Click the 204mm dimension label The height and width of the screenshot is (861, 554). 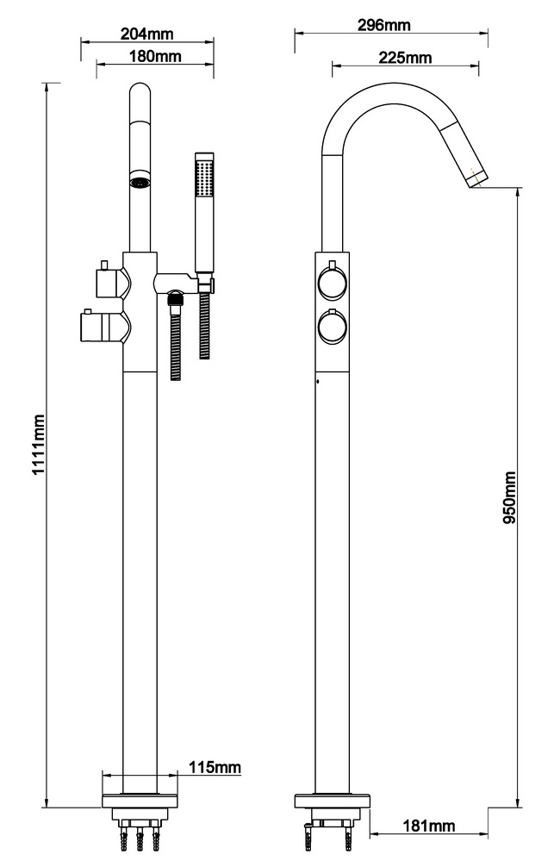(146, 34)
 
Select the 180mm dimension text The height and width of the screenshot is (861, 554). (155, 57)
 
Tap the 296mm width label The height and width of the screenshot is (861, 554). (383, 25)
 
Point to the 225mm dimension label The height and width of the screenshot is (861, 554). (405, 58)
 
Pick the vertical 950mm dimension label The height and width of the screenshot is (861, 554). (509, 497)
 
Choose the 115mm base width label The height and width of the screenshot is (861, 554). (215, 767)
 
